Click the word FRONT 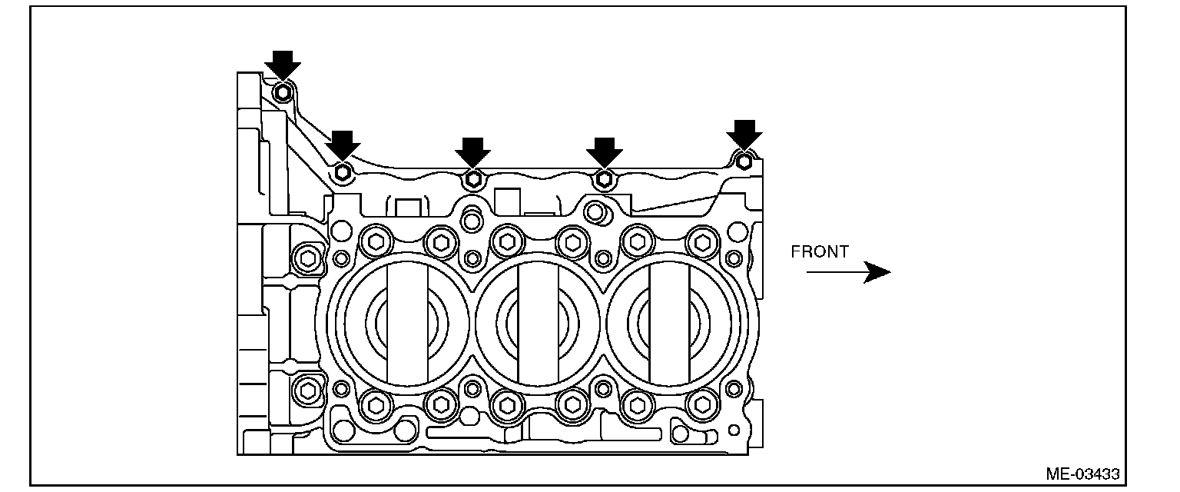tap(820, 251)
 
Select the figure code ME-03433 tap(1082, 474)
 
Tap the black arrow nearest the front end tap(744, 134)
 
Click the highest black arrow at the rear tap(283, 65)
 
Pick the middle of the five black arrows tap(472, 152)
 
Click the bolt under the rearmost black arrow tap(283, 93)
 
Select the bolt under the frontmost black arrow tap(744, 161)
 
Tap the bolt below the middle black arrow tap(472, 180)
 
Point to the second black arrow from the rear tap(343, 145)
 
